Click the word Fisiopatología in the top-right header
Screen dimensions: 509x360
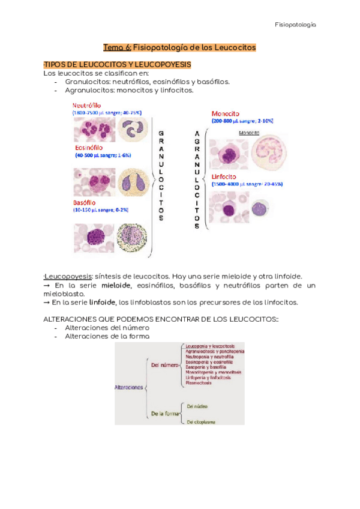click(x=295, y=25)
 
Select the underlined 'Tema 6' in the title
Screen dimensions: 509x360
click(x=117, y=47)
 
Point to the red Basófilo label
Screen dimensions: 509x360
click(x=87, y=203)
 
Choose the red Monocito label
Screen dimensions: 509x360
click(x=226, y=113)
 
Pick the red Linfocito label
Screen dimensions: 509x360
click(x=226, y=177)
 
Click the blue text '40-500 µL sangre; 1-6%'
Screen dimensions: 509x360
click(x=103, y=155)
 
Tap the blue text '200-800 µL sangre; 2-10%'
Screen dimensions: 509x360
click(x=242, y=121)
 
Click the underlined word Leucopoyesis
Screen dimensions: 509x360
click(x=65, y=276)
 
